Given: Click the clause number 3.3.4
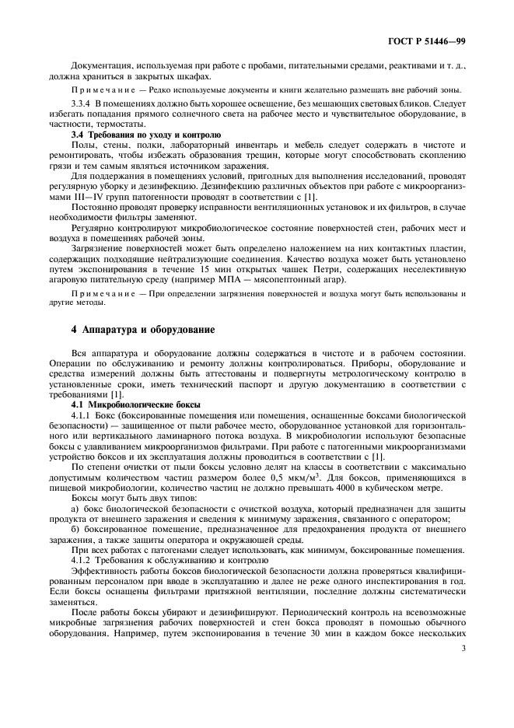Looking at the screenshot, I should coord(81,103).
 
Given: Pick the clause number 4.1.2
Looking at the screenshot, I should coord(81,561).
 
